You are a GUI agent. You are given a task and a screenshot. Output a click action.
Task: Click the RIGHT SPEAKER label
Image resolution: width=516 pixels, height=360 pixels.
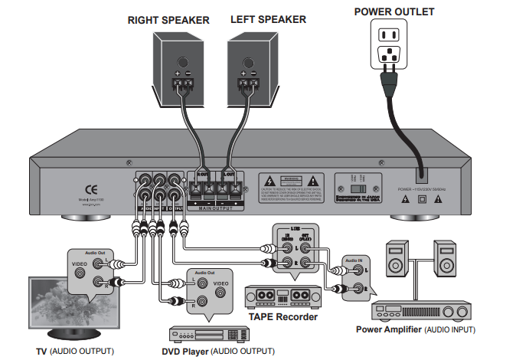pos(168,20)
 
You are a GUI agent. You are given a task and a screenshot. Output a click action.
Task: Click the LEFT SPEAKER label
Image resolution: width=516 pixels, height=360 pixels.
pos(268,20)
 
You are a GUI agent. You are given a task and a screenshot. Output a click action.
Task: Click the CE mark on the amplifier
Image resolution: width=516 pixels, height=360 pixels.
pos(90,188)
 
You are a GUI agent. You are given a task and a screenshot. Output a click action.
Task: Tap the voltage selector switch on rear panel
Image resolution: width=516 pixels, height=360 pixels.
pos(354,187)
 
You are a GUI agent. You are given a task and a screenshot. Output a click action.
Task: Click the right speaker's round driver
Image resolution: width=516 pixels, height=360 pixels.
pos(183,62)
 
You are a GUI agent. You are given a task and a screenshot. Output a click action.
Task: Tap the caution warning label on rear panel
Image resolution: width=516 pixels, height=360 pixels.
pos(289,188)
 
